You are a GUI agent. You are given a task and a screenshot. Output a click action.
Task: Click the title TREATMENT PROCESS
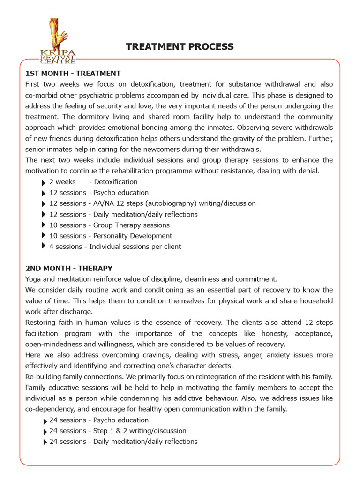tap(180, 46)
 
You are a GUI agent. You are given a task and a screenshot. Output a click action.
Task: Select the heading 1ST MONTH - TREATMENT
tap(73, 74)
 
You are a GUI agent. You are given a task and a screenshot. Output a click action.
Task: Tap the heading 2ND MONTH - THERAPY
tap(68, 268)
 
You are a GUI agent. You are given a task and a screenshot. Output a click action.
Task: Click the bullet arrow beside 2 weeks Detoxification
tap(44, 182)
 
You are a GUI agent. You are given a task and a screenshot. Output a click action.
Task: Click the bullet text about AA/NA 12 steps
tap(152, 203)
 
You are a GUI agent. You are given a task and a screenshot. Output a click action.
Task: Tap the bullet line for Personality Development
tap(111, 236)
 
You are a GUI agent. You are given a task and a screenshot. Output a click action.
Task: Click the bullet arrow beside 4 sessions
tap(44, 246)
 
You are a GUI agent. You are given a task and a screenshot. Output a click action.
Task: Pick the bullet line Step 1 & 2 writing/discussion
tap(118, 431)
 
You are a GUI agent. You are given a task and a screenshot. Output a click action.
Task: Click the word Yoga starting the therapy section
tap(33, 279)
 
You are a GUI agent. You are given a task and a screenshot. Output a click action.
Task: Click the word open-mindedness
tap(52, 344)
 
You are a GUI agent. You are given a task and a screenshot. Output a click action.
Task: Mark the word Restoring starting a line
tap(41, 322)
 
